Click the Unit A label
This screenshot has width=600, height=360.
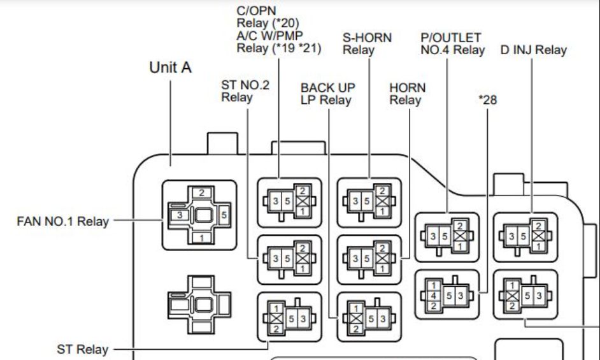pyautogui.click(x=170, y=68)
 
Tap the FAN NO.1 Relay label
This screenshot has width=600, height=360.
pyautogui.click(x=63, y=221)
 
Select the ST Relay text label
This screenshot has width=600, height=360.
pyautogui.click(x=82, y=349)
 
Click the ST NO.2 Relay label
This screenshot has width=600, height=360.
pyautogui.click(x=245, y=90)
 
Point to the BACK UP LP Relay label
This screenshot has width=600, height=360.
pyautogui.click(x=327, y=94)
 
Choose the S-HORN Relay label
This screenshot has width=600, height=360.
pyautogui.click(x=367, y=44)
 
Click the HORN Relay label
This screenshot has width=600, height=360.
pyautogui.click(x=407, y=94)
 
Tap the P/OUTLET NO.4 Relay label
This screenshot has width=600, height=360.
pyautogui.click(x=452, y=44)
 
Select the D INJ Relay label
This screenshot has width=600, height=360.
pyautogui.click(x=533, y=50)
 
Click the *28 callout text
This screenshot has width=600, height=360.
pyautogui.click(x=487, y=100)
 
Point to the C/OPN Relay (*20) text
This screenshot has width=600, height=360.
pyautogui.click(x=268, y=17)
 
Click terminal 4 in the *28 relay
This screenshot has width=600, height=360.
pyautogui.click(x=434, y=296)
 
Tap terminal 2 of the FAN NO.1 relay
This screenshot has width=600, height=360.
pyautogui.click(x=202, y=192)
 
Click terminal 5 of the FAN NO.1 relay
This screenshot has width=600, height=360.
pyautogui.click(x=224, y=215)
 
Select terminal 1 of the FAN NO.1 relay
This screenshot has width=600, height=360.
pyautogui.click(x=202, y=238)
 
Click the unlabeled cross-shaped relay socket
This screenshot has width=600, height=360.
pyautogui.click(x=199, y=305)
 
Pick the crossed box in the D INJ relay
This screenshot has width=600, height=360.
pyautogui.click(x=538, y=236)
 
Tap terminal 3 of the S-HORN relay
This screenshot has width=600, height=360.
pyautogui.click(x=355, y=201)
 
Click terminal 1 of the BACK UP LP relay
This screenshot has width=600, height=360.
pyautogui.click(x=356, y=308)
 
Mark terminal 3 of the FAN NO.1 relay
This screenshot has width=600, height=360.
pyautogui.click(x=180, y=215)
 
